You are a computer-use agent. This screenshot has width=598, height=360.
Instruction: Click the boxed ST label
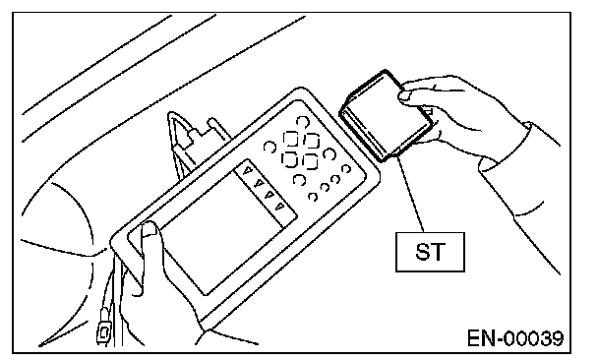pyautogui.click(x=430, y=252)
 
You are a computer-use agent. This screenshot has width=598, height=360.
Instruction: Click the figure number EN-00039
pyautogui.click(x=515, y=338)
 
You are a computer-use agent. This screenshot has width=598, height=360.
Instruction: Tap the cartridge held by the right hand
pyautogui.click(x=387, y=116)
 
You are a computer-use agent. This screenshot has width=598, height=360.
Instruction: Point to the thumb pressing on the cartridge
pyautogui.click(x=409, y=95)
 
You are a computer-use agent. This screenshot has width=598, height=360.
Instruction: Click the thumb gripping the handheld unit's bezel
pyautogui.click(x=149, y=244)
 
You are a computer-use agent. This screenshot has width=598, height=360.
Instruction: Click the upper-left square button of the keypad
pyautogui.click(x=290, y=139)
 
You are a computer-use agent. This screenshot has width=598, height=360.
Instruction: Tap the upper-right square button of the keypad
pyautogui.click(x=312, y=141)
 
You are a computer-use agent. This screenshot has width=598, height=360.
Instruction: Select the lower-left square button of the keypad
pyautogui.click(x=289, y=158)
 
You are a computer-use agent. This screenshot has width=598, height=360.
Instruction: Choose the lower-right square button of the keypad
pyautogui.click(x=310, y=161)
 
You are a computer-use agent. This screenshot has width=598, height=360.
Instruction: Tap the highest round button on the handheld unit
pyautogui.click(x=302, y=122)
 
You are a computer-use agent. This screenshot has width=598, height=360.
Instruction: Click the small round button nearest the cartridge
pyautogui.click(x=345, y=168)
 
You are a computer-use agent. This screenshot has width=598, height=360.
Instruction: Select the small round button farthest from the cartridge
pyautogui.click(x=313, y=197)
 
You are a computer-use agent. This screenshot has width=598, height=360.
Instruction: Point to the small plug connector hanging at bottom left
pyautogui.click(x=103, y=331)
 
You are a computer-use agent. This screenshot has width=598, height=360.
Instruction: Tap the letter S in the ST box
pyautogui.click(x=423, y=252)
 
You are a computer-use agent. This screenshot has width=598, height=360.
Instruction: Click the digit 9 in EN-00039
pyautogui.click(x=558, y=338)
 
